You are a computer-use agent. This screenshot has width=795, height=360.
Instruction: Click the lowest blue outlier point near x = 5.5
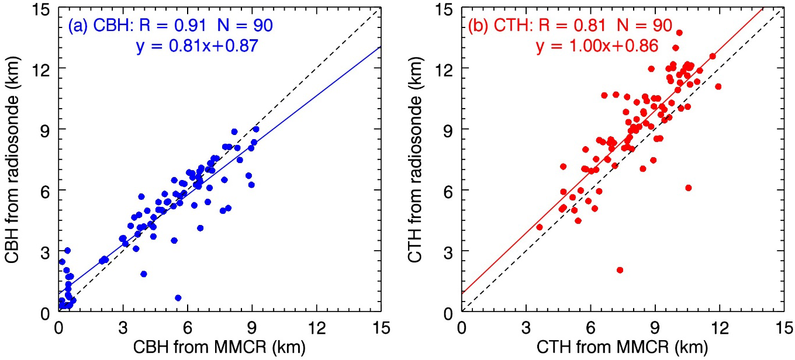tap(178, 298)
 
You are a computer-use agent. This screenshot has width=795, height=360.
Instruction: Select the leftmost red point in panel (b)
tap(540, 227)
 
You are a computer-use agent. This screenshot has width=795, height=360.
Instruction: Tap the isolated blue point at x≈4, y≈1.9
tap(144, 274)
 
